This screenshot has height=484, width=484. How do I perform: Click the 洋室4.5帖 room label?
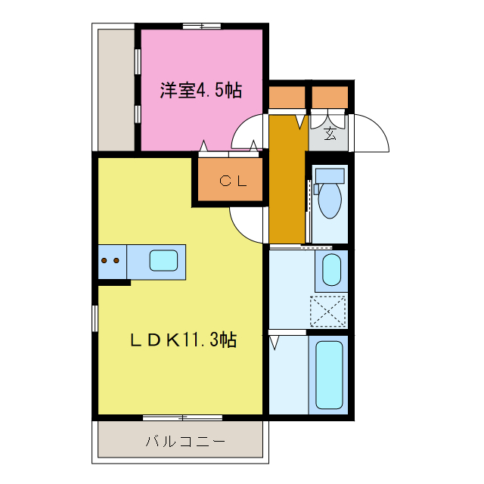(x=200, y=91)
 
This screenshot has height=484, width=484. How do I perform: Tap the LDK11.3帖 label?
(x=182, y=340)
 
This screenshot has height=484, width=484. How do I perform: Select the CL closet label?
(x=230, y=181)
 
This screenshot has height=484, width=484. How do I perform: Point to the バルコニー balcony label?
(x=180, y=442)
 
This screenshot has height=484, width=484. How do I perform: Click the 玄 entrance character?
(x=330, y=134)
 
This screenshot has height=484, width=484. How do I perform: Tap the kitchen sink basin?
(x=163, y=261)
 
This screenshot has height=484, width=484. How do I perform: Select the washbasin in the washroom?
(x=331, y=270)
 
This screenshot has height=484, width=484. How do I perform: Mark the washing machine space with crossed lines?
(x=328, y=311)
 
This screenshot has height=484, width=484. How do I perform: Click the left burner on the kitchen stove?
(x=104, y=261)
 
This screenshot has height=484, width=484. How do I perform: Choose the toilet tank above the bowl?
(x=330, y=175)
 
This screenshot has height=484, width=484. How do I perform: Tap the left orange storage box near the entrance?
(x=287, y=98)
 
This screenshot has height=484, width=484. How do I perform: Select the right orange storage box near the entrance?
(x=330, y=98)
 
